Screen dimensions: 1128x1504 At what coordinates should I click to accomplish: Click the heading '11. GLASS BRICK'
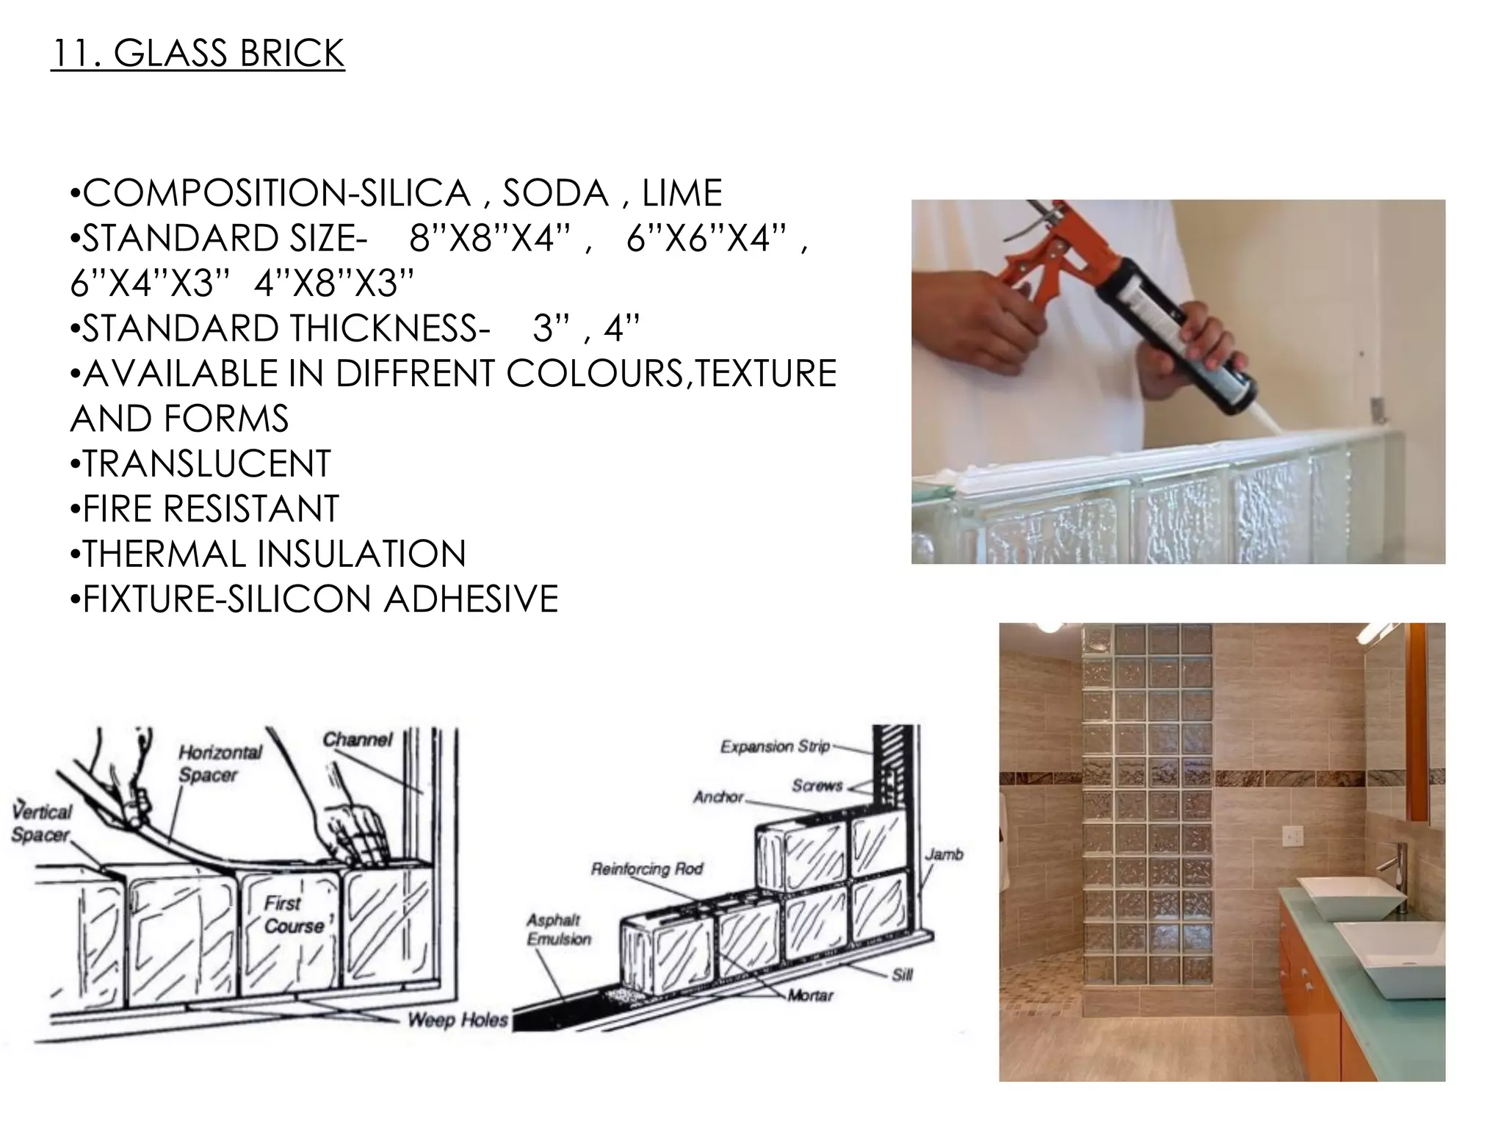[x=198, y=54]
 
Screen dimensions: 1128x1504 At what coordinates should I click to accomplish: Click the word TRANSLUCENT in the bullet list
[x=206, y=463]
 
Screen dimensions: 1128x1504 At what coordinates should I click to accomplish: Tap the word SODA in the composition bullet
[x=556, y=193]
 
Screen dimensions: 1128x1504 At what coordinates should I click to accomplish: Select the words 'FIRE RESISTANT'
[x=210, y=508]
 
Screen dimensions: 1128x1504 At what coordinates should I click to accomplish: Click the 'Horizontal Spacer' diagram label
[x=220, y=763]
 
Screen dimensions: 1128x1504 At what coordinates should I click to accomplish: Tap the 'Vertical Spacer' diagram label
[x=42, y=822]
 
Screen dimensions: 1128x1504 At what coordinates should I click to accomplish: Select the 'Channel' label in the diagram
[x=358, y=739]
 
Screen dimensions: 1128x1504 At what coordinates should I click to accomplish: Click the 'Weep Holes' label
[x=458, y=1019]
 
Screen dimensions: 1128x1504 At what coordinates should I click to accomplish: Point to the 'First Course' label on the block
[x=293, y=914]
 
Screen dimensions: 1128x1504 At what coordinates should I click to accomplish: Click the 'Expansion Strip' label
[x=775, y=747]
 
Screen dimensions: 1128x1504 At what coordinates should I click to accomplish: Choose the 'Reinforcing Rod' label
[x=646, y=869]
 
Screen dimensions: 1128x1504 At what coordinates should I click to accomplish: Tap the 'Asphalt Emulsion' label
[x=558, y=929]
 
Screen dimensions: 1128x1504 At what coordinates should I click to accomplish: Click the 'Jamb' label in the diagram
[x=944, y=854]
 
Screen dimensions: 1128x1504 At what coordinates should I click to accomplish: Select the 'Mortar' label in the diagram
[x=811, y=996]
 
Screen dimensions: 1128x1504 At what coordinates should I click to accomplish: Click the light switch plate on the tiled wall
[x=1293, y=836]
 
